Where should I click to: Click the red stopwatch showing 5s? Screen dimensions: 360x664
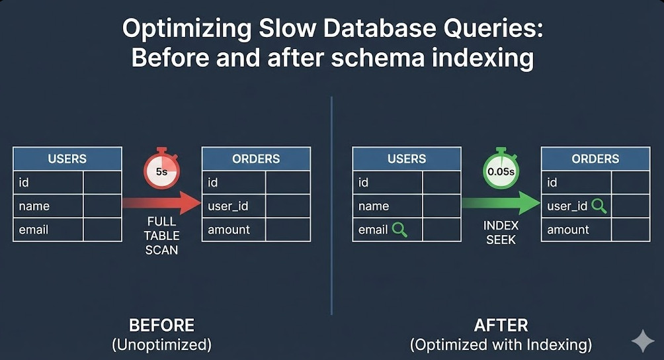(x=161, y=171)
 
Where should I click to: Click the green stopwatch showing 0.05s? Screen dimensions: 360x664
(x=501, y=171)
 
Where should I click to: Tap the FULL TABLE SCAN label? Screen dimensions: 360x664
(x=162, y=236)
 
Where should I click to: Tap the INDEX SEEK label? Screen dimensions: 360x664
(x=501, y=232)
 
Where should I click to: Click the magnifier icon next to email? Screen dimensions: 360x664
(x=399, y=230)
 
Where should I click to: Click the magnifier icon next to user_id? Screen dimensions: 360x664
(x=599, y=206)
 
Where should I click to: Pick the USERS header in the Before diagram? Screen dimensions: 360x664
(x=67, y=159)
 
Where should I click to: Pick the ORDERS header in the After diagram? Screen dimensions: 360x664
(x=595, y=159)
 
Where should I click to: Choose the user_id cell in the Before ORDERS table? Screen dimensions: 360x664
(x=228, y=206)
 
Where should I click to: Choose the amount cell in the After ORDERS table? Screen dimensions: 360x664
(x=568, y=230)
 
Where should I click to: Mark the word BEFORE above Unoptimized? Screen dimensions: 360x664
(x=161, y=326)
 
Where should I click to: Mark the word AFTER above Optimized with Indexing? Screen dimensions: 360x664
(x=501, y=326)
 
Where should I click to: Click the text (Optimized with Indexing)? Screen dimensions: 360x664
(x=501, y=345)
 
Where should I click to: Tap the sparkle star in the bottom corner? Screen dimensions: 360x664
(x=642, y=341)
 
